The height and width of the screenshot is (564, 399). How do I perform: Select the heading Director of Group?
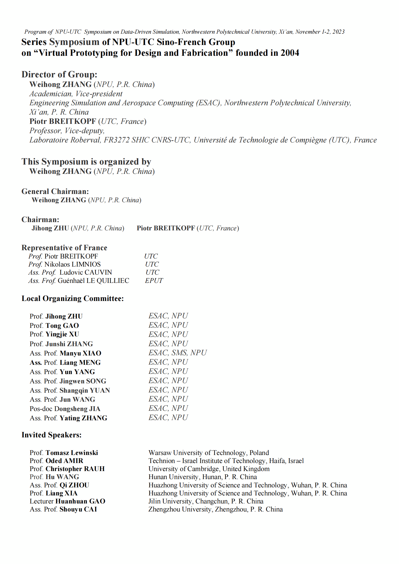pyautogui.click(x=59, y=74)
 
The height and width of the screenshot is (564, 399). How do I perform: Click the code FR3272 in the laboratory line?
pyautogui.click(x=116, y=140)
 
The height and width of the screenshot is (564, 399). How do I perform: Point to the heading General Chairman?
pyautogui.click(x=55, y=191)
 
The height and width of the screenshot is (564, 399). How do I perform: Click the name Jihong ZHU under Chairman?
pyautogui.click(x=50, y=228)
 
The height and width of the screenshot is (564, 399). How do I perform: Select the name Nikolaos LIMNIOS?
pyautogui.click(x=72, y=264)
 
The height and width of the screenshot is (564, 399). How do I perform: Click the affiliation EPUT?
pyautogui.click(x=154, y=281)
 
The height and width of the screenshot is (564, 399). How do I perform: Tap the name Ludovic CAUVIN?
pyautogui.click(x=85, y=272)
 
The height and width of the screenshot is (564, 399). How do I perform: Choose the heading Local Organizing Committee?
pyautogui.click(x=73, y=298)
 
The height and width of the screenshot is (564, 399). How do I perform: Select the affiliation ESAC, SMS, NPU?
pyautogui.click(x=177, y=353)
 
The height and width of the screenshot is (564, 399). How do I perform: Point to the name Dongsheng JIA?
pyautogui.click(x=77, y=409)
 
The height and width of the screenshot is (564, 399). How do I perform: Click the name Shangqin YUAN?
pyautogui.click(x=85, y=390)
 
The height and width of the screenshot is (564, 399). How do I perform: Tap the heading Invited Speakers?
pyautogui.click(x=52, y=435)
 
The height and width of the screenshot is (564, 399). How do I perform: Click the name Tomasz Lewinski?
pyautogui.click(x=72, y=453)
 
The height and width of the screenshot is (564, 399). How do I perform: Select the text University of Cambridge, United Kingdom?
pyautogui.click(x=209, y=469)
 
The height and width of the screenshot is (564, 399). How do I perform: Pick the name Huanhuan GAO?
pyautogui.click(x=80, y=501)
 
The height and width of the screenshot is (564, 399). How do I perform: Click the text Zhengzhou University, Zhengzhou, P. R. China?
pyautogui.click(x=215, y=509)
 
